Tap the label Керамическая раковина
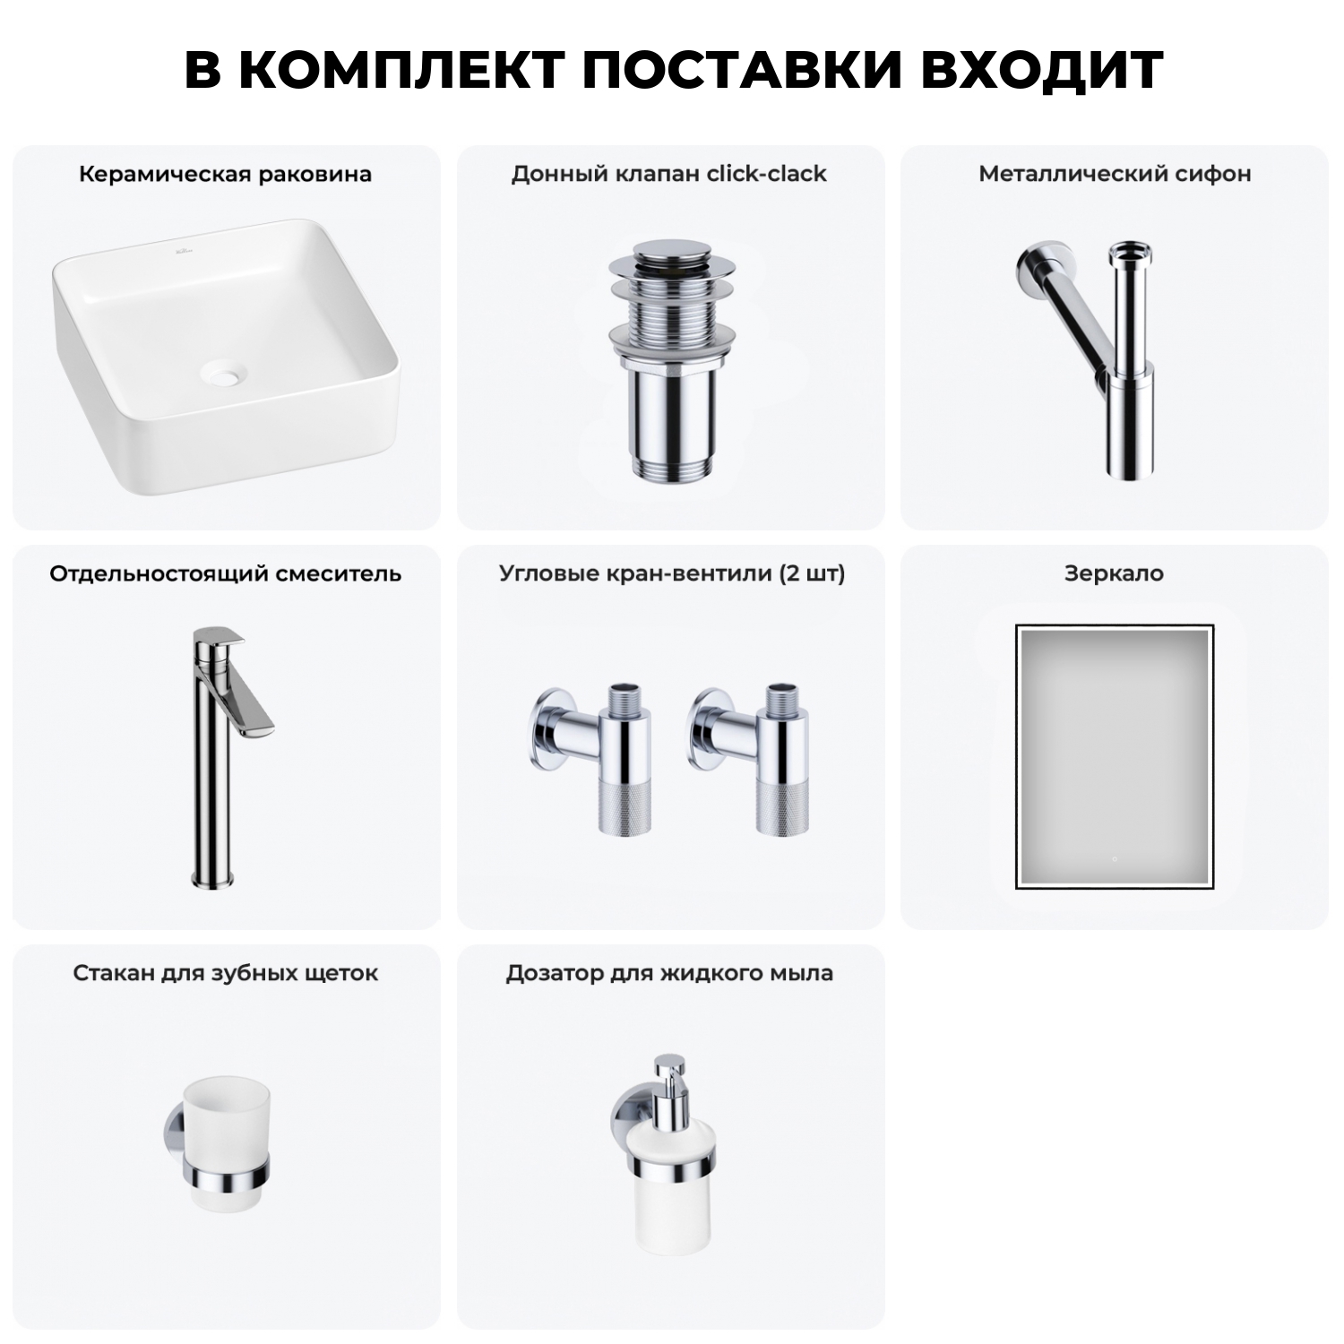[x=225, y=174]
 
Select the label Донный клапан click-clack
[x=668, y=174]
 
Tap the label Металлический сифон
[x=1115, y=174]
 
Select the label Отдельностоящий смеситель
[x=225, y=573]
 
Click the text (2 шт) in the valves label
[x=812, y=573]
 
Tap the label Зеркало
[x=1114, y=573]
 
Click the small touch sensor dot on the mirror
[x=1114, y=859]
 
